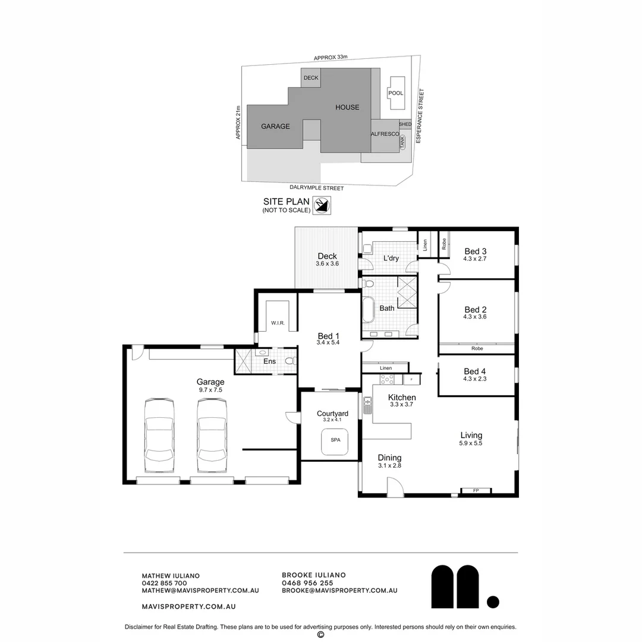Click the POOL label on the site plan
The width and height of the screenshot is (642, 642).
pos(395,93)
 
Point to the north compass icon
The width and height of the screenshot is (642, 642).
pos(322,205)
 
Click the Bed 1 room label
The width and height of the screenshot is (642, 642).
pos(329,336)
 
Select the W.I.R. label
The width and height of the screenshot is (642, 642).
pos(278,323)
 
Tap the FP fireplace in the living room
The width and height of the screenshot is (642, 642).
pos(476,491)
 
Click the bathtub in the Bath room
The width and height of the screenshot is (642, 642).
pos(368,309)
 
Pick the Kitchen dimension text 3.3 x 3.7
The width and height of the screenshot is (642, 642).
pos(402,404)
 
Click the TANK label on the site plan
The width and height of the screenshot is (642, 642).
pos(402,142)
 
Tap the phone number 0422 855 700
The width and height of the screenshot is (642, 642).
pos(164,583)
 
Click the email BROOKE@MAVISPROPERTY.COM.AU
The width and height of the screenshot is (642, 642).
pos(339,591)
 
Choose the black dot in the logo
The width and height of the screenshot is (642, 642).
pos(493,602)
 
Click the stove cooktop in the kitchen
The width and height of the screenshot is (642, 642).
pos(388,379)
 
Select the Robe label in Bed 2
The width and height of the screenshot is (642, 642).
pos(477,348)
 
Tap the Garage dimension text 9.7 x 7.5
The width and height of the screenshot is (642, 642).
pos(210,390)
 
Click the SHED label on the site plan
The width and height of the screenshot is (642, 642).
pos(405,124)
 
